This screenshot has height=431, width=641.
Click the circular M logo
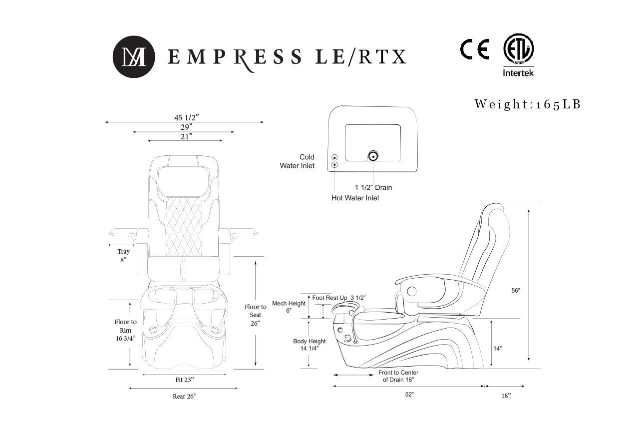click(x=133, y=57)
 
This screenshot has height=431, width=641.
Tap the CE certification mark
click(x=474, y=49)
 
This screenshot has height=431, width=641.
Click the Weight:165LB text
click(x=528, y=104)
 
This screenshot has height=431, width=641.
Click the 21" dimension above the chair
click(x=186, y=136)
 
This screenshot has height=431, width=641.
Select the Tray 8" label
click(x=123, y=256)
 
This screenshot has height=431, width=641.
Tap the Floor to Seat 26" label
click(x=255, y=315)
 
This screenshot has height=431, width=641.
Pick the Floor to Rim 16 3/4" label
click(x=125, y=330)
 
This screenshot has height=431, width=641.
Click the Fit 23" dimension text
click(x=185, y=380)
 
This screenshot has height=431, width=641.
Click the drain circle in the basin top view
click(x=372, y=156)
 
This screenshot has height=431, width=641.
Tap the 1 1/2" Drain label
click(x=373, y=188)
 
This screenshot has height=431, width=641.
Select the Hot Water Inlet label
click(x=355, y=198)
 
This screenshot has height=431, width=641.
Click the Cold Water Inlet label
click(x=298, y=161)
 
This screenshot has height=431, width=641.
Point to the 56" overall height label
click(x=516, y=290)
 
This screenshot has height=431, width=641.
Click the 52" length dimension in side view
click(x=409, y=395)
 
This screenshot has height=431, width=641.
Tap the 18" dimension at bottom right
click(x=506, y=396)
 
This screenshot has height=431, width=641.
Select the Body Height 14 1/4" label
click(x=309, y=345)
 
